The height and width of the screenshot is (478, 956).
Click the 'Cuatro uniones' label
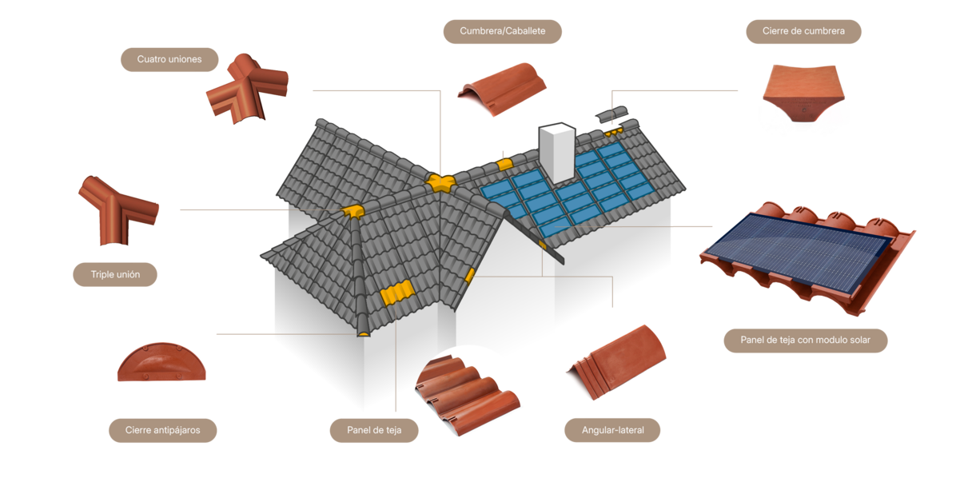point(169,59)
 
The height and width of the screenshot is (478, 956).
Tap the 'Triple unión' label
point(116,274)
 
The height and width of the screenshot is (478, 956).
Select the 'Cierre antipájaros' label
point(162,431)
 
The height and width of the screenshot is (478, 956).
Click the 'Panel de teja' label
point(373,430)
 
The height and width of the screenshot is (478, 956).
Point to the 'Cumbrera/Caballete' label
point(502,31)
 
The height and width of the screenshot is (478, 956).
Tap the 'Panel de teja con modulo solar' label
point(806,340)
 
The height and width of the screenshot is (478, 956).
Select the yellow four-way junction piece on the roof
point(437,182)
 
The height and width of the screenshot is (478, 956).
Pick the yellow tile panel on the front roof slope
point(397,293)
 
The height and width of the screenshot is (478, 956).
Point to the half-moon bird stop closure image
point(162,364)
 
